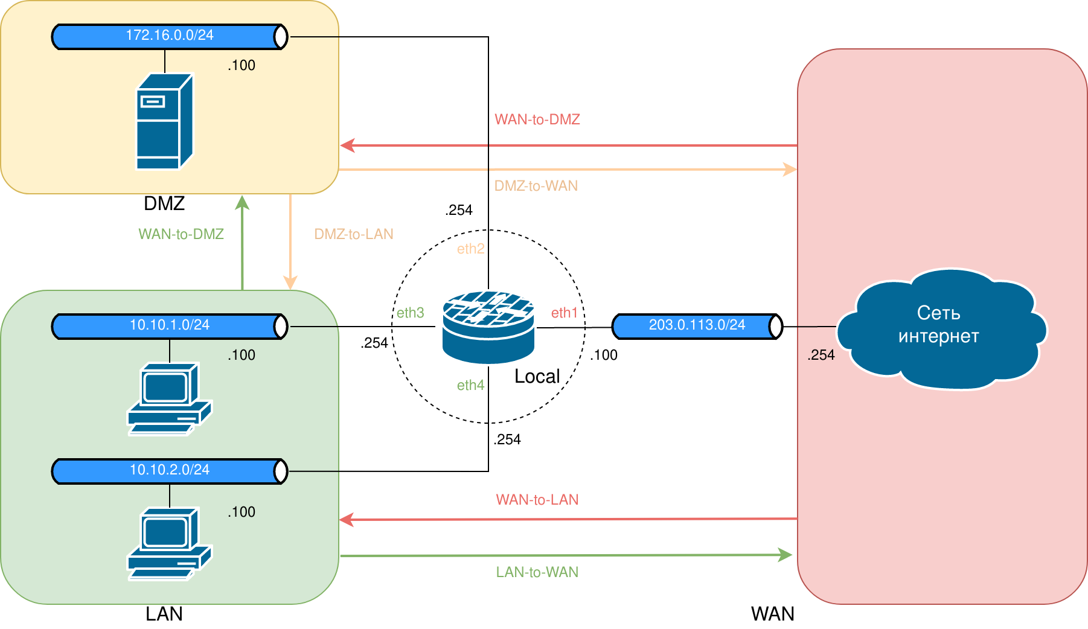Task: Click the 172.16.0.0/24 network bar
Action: pos(169,36)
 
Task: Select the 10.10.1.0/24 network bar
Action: pos(169,326)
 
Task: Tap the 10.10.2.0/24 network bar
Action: pos(169,471)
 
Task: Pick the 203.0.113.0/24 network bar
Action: pos(697,326)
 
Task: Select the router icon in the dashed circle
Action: pos(488,327)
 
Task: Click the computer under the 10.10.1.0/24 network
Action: pos(169,398)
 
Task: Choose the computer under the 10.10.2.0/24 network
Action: pos(169,543)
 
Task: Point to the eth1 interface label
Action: pos(565,313)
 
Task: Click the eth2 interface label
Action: pos(470,249)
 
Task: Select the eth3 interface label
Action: pos(411,313)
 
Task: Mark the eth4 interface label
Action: pos(470,385)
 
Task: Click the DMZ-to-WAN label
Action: pos(536,186)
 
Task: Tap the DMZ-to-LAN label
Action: pos(354,234)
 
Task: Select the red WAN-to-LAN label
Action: pos(537,500)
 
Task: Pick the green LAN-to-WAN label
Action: pos(537,572)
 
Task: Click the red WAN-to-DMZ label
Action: pos(537,120)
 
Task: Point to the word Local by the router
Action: pos(537,377)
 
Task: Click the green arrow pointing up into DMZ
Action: pos(242,241)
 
